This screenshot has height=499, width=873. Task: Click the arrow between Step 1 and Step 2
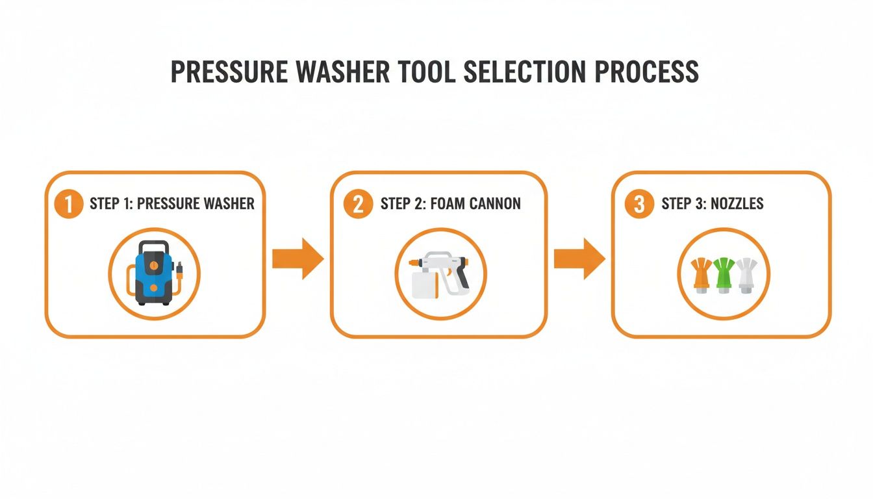(297, 259)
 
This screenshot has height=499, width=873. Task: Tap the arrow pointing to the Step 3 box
(579, 259)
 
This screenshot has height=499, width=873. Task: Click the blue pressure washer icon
(154, 273)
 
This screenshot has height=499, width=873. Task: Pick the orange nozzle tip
(702, 274)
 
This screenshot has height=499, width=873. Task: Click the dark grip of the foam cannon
(462, 277)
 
